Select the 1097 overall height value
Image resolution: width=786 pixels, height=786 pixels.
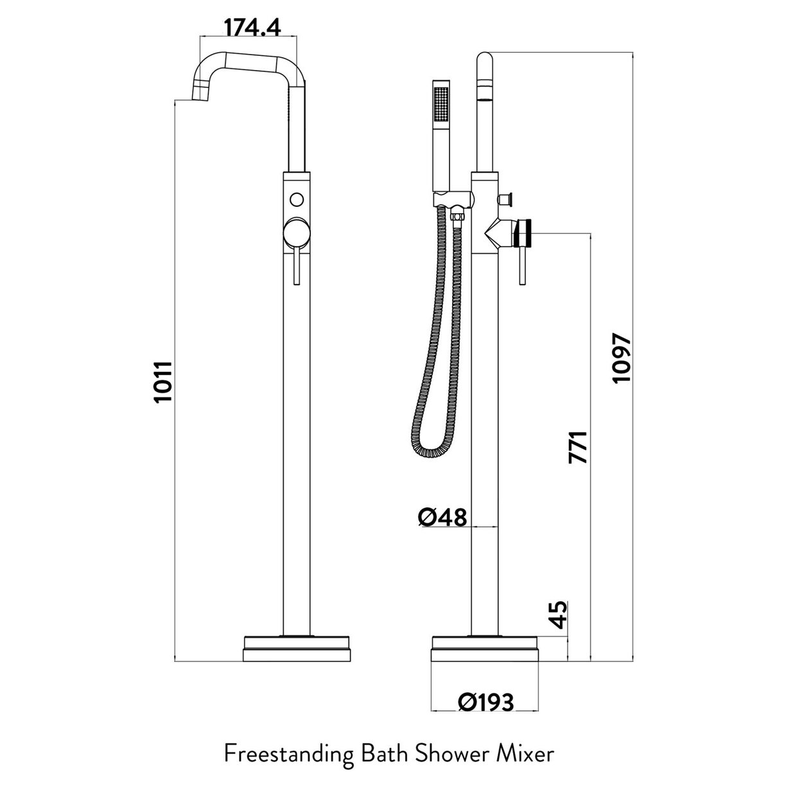[622, 358]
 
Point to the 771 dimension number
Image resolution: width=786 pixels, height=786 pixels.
[577, 447]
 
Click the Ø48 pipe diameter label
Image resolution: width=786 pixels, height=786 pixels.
[443, 516]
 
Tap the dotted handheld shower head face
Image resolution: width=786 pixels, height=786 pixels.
[440, 103]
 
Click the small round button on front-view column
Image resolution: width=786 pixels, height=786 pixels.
[296, 198]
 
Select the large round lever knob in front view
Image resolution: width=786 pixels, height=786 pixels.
[296, 232]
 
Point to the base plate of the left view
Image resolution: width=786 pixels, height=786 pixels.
[297, 648]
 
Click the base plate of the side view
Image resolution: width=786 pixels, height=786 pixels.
[485, 648]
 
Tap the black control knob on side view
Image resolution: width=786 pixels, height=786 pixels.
[526, 232]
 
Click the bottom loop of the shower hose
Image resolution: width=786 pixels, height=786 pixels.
[432, 453]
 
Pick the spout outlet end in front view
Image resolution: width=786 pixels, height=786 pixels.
[202, 94]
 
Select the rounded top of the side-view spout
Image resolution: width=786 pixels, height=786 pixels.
[485, 61]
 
